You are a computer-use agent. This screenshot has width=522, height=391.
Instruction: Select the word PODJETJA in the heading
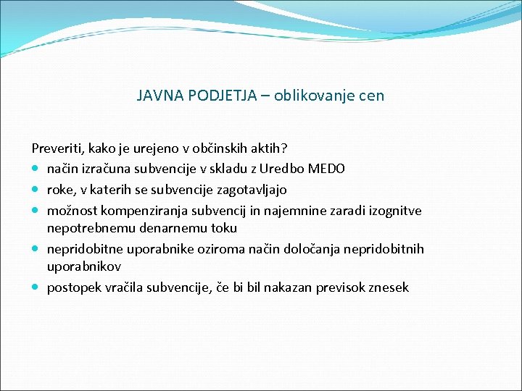click(215, 96)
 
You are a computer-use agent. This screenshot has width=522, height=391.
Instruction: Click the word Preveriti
click(57, 148)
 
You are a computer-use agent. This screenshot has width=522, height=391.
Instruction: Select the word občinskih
click(219, 148)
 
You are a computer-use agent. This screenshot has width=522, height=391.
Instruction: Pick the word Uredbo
click(283, 169)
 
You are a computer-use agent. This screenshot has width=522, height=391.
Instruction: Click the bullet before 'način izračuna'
click(36, 169)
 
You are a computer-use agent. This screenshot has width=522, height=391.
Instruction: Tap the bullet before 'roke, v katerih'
click(36, 190)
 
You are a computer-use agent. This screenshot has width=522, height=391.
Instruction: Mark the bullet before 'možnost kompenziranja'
click(36, 211)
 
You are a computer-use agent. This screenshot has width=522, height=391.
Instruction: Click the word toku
click(222, 228)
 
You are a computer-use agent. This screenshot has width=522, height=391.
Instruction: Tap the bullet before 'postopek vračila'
click(36, 288)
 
